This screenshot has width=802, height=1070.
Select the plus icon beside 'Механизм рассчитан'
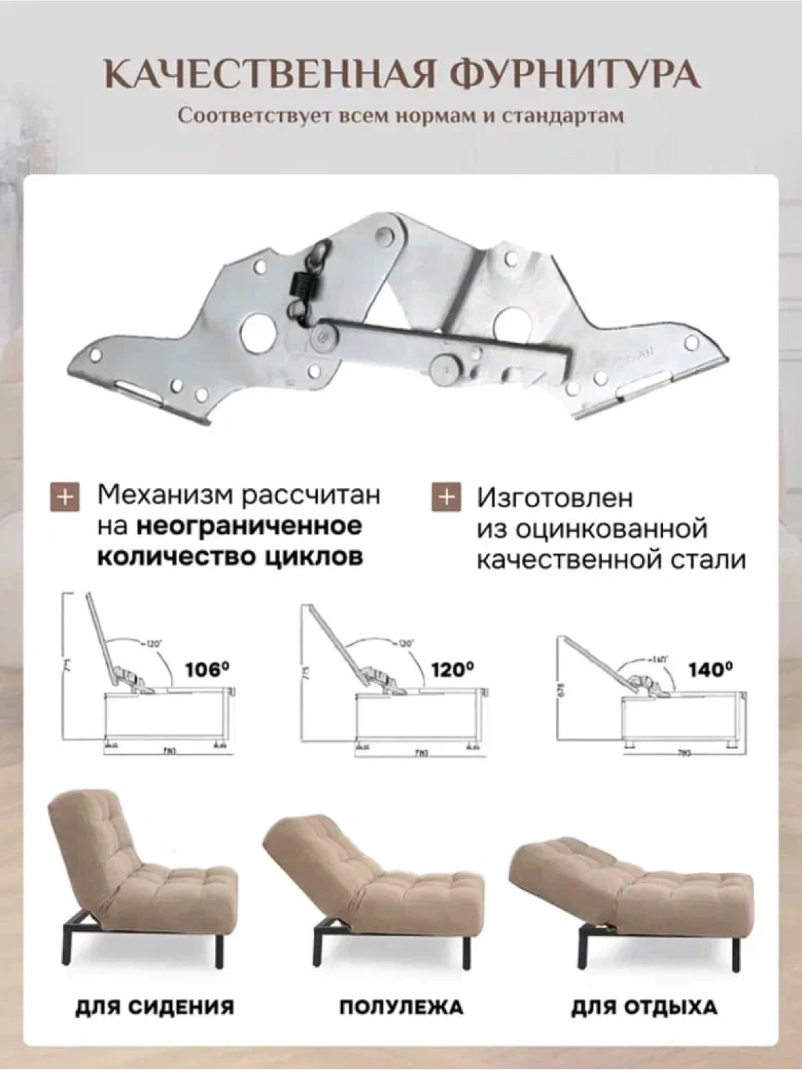click(65, 498)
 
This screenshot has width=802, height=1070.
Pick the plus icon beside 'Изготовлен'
click(446, 498)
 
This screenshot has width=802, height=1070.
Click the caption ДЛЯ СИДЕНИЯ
click(154, 1007)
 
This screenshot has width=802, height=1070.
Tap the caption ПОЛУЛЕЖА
click(401, 1007)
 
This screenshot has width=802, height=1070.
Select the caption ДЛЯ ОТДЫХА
click(644, 1007)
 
